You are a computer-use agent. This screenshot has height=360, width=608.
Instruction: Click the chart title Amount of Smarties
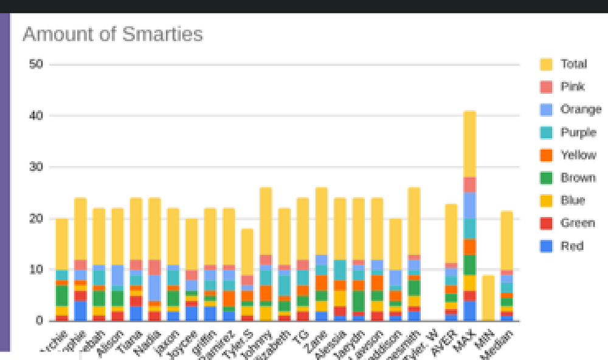coord(112,34)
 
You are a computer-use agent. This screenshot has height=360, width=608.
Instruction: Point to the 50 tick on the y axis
coord(36,64)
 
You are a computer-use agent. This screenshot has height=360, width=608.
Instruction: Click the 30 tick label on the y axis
coord(36,167)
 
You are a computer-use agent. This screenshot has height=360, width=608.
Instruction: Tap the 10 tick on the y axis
coord(36,269)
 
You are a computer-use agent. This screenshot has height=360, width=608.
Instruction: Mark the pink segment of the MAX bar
coord(469,185)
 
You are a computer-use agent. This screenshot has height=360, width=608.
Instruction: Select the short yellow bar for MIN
coord(488,298)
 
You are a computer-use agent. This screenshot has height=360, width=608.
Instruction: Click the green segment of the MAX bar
coord(469,265)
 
